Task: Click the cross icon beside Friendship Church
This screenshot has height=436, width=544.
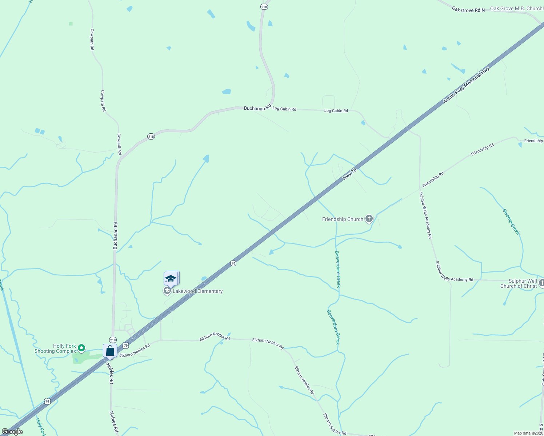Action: [x=369, y=218]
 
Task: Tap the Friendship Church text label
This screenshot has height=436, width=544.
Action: [x=343, y=219]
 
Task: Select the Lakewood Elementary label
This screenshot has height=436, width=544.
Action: [x=197, y=291]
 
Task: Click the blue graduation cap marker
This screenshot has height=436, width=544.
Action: [x=171, y=279]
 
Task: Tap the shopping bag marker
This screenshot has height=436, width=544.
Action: [x=110, y=351]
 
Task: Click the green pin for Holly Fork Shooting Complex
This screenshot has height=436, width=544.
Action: [x=81, y=348]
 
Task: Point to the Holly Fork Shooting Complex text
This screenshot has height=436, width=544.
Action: [x=55, y=349]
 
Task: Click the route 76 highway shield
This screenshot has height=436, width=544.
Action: [x=233, y=263]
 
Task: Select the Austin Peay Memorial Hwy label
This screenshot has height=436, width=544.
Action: [x=466, y=85]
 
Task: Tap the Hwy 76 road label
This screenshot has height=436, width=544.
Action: [x=349, y=173]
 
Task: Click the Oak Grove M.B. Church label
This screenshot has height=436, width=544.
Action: [x=516, y=8]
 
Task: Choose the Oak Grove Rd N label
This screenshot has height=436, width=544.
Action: [x=468, y=10]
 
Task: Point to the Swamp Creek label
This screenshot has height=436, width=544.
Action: [x=511, y=222]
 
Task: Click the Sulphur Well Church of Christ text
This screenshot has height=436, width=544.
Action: [x=519, y=283]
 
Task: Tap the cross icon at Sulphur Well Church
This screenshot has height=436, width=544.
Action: [x=541, y=283]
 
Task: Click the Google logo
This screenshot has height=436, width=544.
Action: [x=12, y=432]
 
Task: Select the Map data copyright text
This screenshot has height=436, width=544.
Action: [x=528, y=433]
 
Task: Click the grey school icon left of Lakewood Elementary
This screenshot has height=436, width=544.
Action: [x=167, y=291]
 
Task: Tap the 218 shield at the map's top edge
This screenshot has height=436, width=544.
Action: [x=264, y=7]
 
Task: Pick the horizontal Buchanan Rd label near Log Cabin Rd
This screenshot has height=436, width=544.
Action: [x=257, y=108]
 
